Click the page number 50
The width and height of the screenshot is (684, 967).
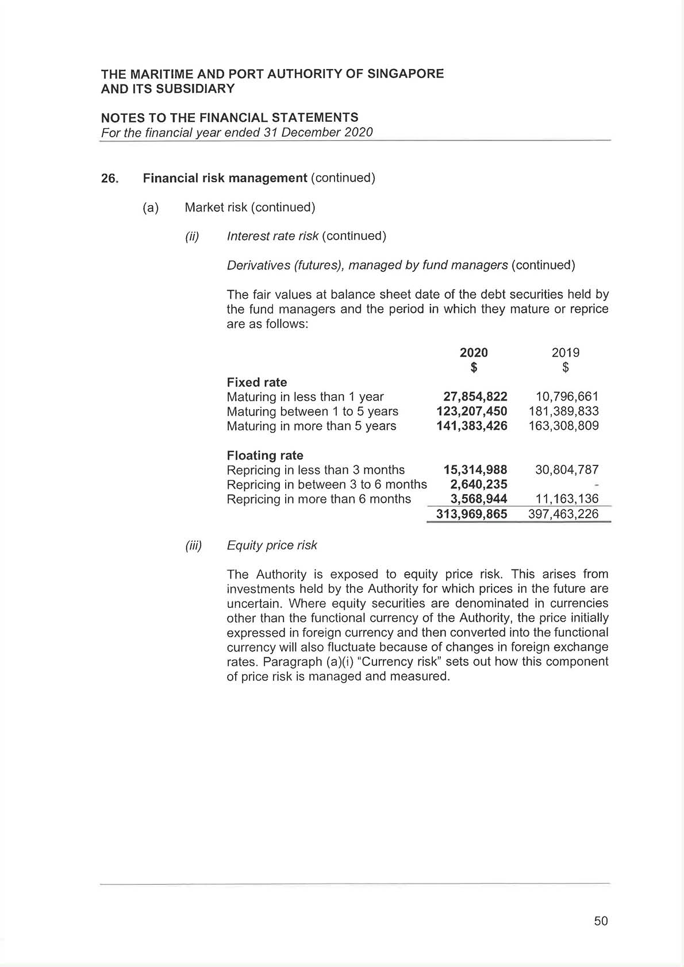(601, 921)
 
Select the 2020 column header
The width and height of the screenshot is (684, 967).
(474, 353)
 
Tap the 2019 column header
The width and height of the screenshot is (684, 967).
(566, 353)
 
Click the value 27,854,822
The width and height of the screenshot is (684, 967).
(475, 397)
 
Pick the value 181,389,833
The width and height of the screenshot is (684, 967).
(563, 411)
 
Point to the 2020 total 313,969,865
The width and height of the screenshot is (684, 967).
(471, 514)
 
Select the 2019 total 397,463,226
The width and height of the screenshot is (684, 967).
(563, 514)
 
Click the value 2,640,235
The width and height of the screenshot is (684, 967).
(478, 484)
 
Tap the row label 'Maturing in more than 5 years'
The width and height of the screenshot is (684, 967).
(311, 426)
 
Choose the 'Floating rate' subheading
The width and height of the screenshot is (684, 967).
(265, 456)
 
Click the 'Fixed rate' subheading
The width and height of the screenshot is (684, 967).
(257, 383)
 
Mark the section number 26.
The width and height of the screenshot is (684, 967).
(109, 179)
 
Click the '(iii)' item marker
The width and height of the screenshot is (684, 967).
(194, 546)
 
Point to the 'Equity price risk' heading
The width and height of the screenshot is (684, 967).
(272, 545)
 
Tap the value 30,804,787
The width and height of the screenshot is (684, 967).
(567, 470)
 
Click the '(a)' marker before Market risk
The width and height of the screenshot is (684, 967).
(151, 207)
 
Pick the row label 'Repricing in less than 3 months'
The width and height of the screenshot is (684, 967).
(316, 470)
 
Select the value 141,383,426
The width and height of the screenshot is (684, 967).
(471, 426)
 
